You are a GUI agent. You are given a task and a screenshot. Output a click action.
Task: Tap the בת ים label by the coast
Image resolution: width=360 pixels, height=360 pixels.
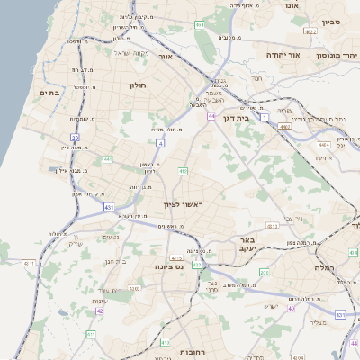(48, 92)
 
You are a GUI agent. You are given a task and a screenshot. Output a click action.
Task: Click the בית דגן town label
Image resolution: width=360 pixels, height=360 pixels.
(236, 117)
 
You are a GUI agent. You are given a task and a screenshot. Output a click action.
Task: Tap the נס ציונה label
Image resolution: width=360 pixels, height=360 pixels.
(168, 265)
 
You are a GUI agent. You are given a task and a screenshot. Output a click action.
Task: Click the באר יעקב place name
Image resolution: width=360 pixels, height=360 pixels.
(247, 245)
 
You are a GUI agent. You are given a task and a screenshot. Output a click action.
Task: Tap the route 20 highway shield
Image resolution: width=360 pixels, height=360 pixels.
(75, 138)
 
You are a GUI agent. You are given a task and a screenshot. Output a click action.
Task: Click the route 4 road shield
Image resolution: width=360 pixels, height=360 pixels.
(160, 143)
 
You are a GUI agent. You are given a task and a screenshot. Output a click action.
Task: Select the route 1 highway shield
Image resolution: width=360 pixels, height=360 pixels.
(265, 117)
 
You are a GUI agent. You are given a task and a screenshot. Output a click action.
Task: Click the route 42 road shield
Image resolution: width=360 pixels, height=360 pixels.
(99, 311)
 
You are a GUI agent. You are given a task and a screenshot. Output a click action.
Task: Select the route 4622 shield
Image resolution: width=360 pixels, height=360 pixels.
(310, 31)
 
